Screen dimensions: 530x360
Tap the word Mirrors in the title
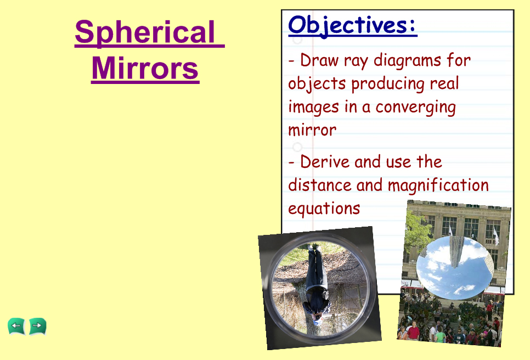coord(145,68)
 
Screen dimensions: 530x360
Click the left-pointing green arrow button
coord(16,327)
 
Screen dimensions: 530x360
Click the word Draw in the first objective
coord(319,60)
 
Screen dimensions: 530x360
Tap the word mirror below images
coord(312,130)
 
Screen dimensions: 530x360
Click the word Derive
coord(324,161)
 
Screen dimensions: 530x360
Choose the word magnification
coord(438,186)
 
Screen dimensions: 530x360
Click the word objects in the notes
coord(317,84)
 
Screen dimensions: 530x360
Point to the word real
coord(444,83)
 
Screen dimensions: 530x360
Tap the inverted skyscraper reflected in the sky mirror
coord(456,250)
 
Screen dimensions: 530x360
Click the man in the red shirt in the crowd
coord(413,330)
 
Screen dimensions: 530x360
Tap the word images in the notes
coord(313,108)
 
